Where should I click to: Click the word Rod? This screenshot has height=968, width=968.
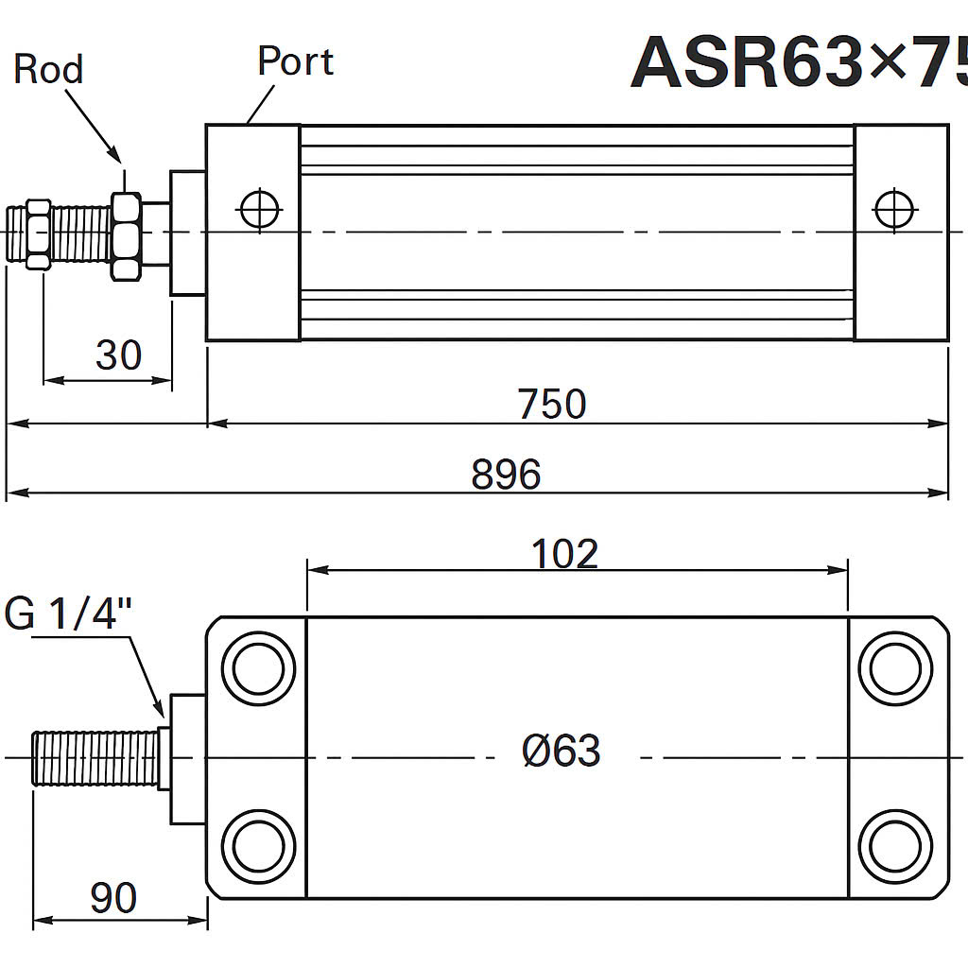(48, 69)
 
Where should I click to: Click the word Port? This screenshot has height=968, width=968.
(295, 61)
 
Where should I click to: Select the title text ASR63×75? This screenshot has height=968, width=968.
(799, 62)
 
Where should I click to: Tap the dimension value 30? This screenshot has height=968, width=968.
(118, 355)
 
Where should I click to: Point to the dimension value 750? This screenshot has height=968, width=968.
(552, 404)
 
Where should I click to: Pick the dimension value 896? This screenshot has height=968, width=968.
(506, 475)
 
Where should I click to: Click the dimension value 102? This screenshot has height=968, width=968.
(564, 554)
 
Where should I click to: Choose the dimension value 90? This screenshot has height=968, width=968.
(113, 898)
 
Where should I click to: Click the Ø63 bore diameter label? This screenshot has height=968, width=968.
(562, 752)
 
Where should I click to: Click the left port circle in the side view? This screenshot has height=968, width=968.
(261, 209)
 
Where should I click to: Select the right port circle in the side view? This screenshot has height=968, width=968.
(894, 209)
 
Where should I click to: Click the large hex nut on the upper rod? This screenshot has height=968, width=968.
(127, 236)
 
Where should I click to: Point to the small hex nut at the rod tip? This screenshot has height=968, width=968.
(38, 234)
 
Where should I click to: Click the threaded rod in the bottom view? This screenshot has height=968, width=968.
(95, 757)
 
